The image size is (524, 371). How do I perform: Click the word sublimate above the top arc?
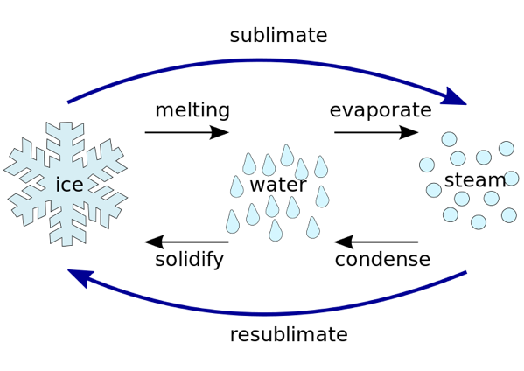tap(278, 35)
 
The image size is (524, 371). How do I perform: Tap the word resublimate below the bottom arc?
tap(289, 334)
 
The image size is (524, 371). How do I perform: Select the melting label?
tap(192, 110)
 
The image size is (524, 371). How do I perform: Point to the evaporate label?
tap(381, 110)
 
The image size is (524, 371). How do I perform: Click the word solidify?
tap(190, 260)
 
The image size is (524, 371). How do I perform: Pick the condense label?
tap(382, 259)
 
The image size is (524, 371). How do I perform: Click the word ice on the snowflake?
tap(69, 185)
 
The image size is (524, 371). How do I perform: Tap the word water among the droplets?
tap(278, 185)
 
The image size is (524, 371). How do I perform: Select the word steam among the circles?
tap(475, 180)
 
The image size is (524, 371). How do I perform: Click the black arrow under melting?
tap(187, 132)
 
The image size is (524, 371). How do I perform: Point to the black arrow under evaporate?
tap(376, 132)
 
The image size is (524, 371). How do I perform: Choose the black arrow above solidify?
tap(187, 241)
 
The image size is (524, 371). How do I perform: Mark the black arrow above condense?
tap(376, 241)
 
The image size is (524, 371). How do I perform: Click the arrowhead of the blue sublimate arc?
tap(455, 98)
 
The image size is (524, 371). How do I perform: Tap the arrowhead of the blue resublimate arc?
tap(80, 276)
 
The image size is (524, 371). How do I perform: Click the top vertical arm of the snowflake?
tap(66, 140)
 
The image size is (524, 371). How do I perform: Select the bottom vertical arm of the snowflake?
tap(66, 227)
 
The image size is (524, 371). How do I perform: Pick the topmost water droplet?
tap(287, 156)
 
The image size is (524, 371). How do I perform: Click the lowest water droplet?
tap(276, 231)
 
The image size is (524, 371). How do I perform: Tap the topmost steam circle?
tap(449, 139)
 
